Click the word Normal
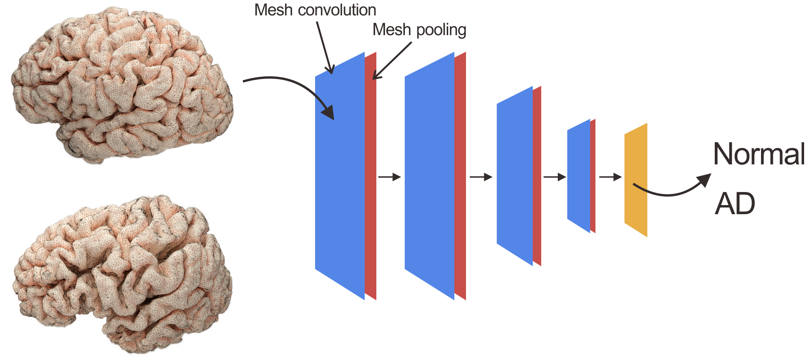pos(759,154)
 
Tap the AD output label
pos(735,204)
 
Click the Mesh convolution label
pos(315,10)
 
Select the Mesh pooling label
pos(419,30)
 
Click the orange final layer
pos(636,180)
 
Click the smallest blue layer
pos(578,176)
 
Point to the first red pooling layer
pos(370,178)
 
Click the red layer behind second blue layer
pos(460,178)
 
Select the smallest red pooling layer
pos(593,176)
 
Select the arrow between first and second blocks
pos(389,177)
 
